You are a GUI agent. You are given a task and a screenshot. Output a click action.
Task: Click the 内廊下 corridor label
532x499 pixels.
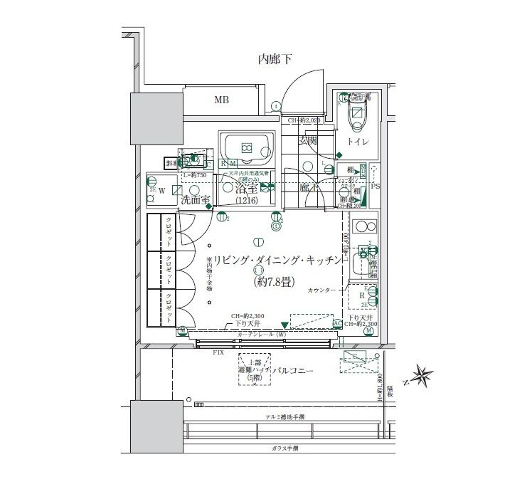[x=275, y=60]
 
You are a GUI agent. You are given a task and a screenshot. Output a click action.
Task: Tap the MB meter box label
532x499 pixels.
[x=222, y=100]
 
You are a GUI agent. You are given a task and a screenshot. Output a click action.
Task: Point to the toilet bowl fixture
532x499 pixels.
[x=356, y=115]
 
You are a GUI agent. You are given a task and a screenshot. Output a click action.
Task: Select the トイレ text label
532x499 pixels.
[x=357, y=142]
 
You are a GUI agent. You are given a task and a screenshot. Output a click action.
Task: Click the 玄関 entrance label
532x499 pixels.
[x=308, y=141]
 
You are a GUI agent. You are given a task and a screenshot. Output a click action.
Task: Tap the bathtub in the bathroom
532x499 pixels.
[x=246, y=149]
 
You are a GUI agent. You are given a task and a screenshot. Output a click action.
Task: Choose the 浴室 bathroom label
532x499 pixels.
[x=246, y=190]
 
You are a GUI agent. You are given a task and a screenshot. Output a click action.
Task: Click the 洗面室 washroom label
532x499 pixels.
[x=193, y=201]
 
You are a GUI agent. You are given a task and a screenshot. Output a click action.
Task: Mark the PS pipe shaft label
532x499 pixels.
[x=375, y=186]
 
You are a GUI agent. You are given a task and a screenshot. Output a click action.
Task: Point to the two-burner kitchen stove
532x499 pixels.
[x=365, y=229]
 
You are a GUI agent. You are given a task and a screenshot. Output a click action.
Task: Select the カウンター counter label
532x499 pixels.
[x=322, y=291]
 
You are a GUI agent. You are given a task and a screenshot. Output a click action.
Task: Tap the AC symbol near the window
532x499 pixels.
[x=339, y=323]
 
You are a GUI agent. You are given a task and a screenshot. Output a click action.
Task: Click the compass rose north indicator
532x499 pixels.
[x=422, y=376]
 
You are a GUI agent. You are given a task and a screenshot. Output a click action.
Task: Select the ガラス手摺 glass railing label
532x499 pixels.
[x=284, y=448]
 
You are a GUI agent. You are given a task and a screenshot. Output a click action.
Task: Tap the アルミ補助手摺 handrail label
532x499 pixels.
[x=284, y=416]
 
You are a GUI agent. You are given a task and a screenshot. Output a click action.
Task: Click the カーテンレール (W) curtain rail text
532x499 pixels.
[x=261, y=334]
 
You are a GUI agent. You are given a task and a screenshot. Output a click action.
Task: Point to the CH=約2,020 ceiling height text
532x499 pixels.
[x=305, y=121]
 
